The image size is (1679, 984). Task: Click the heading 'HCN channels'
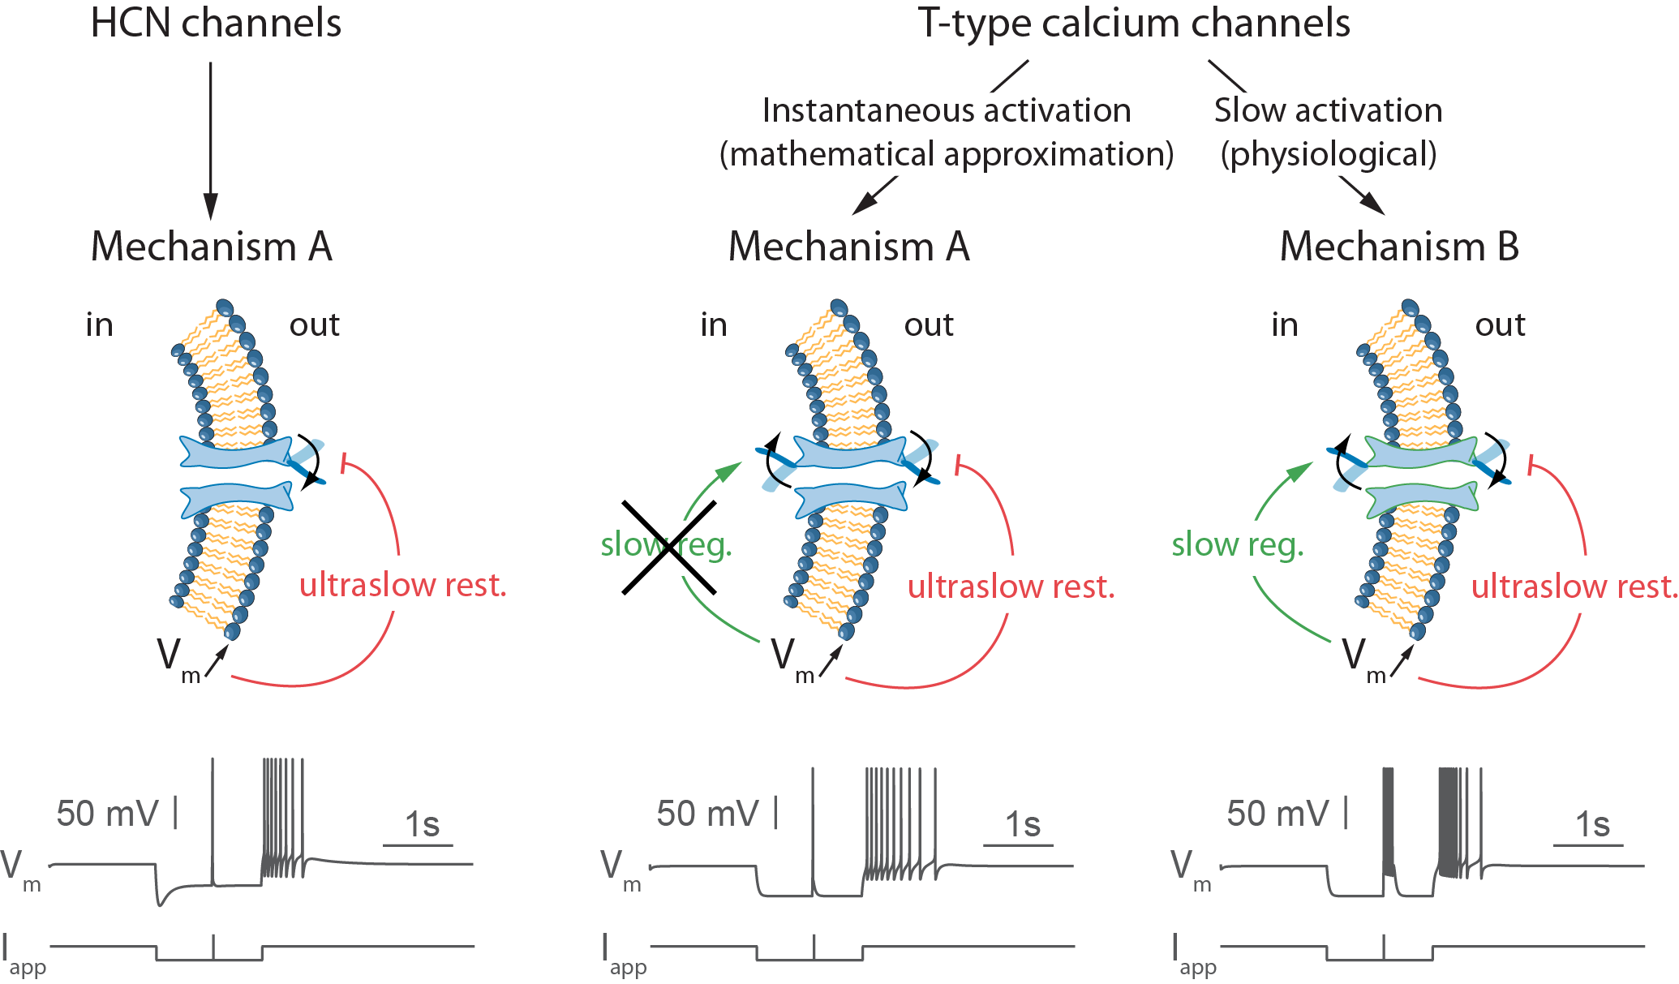216,24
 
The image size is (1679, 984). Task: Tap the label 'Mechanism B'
1399,247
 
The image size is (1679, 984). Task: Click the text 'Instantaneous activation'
947,110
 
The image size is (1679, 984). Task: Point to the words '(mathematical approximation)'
947,154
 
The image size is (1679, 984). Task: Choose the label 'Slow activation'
1329,110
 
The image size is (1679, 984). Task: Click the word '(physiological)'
1329,154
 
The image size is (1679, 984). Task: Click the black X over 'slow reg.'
669,548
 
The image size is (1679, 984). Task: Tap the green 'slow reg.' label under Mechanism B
1238,545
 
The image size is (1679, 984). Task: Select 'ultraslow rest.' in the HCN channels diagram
403,585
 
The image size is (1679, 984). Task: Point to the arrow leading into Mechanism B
1362,196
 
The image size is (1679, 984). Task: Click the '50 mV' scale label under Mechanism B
1278,814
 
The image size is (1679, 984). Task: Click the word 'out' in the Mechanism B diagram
1500,324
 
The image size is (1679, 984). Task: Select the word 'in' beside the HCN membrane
100,324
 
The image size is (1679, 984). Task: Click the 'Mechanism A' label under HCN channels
212,247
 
